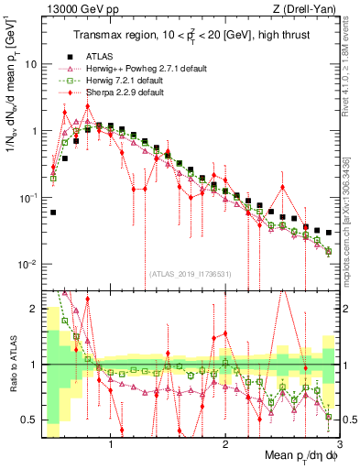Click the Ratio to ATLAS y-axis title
pyautogui.click(x=12, y=365)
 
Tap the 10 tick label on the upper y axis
pyautogui.click(x=30, y=65)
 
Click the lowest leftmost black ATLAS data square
pyautogui.click(x=53, y=212)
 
